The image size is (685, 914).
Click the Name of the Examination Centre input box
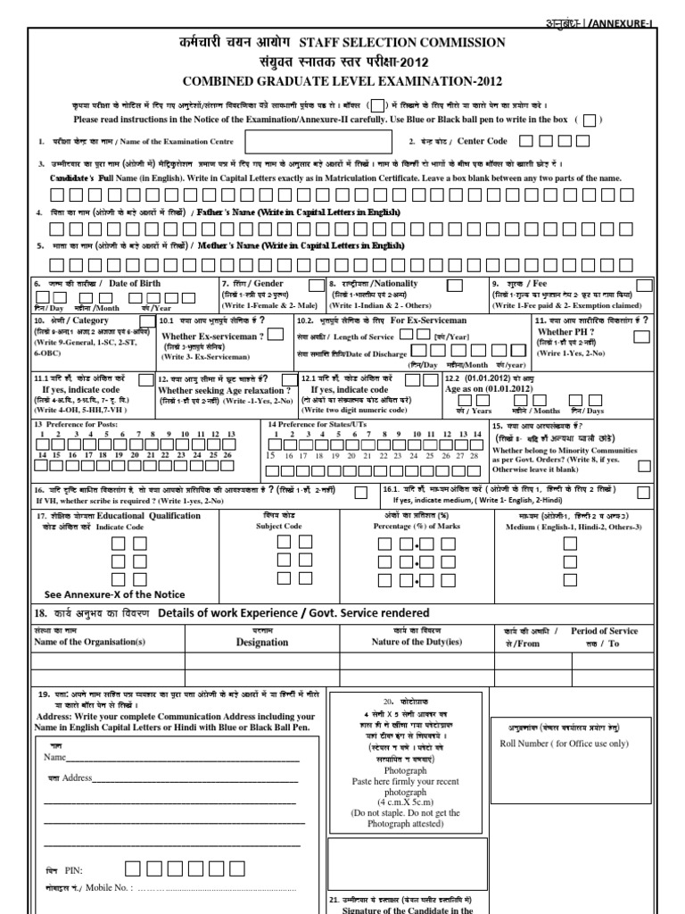318,142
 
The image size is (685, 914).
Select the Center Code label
482,141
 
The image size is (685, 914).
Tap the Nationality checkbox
454,285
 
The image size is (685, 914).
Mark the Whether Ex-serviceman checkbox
276,334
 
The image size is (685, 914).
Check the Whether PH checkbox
641,337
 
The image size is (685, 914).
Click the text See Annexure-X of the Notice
115,594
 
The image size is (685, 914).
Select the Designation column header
262,642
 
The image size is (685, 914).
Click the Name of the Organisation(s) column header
88,642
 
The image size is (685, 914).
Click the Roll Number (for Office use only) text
564,744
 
